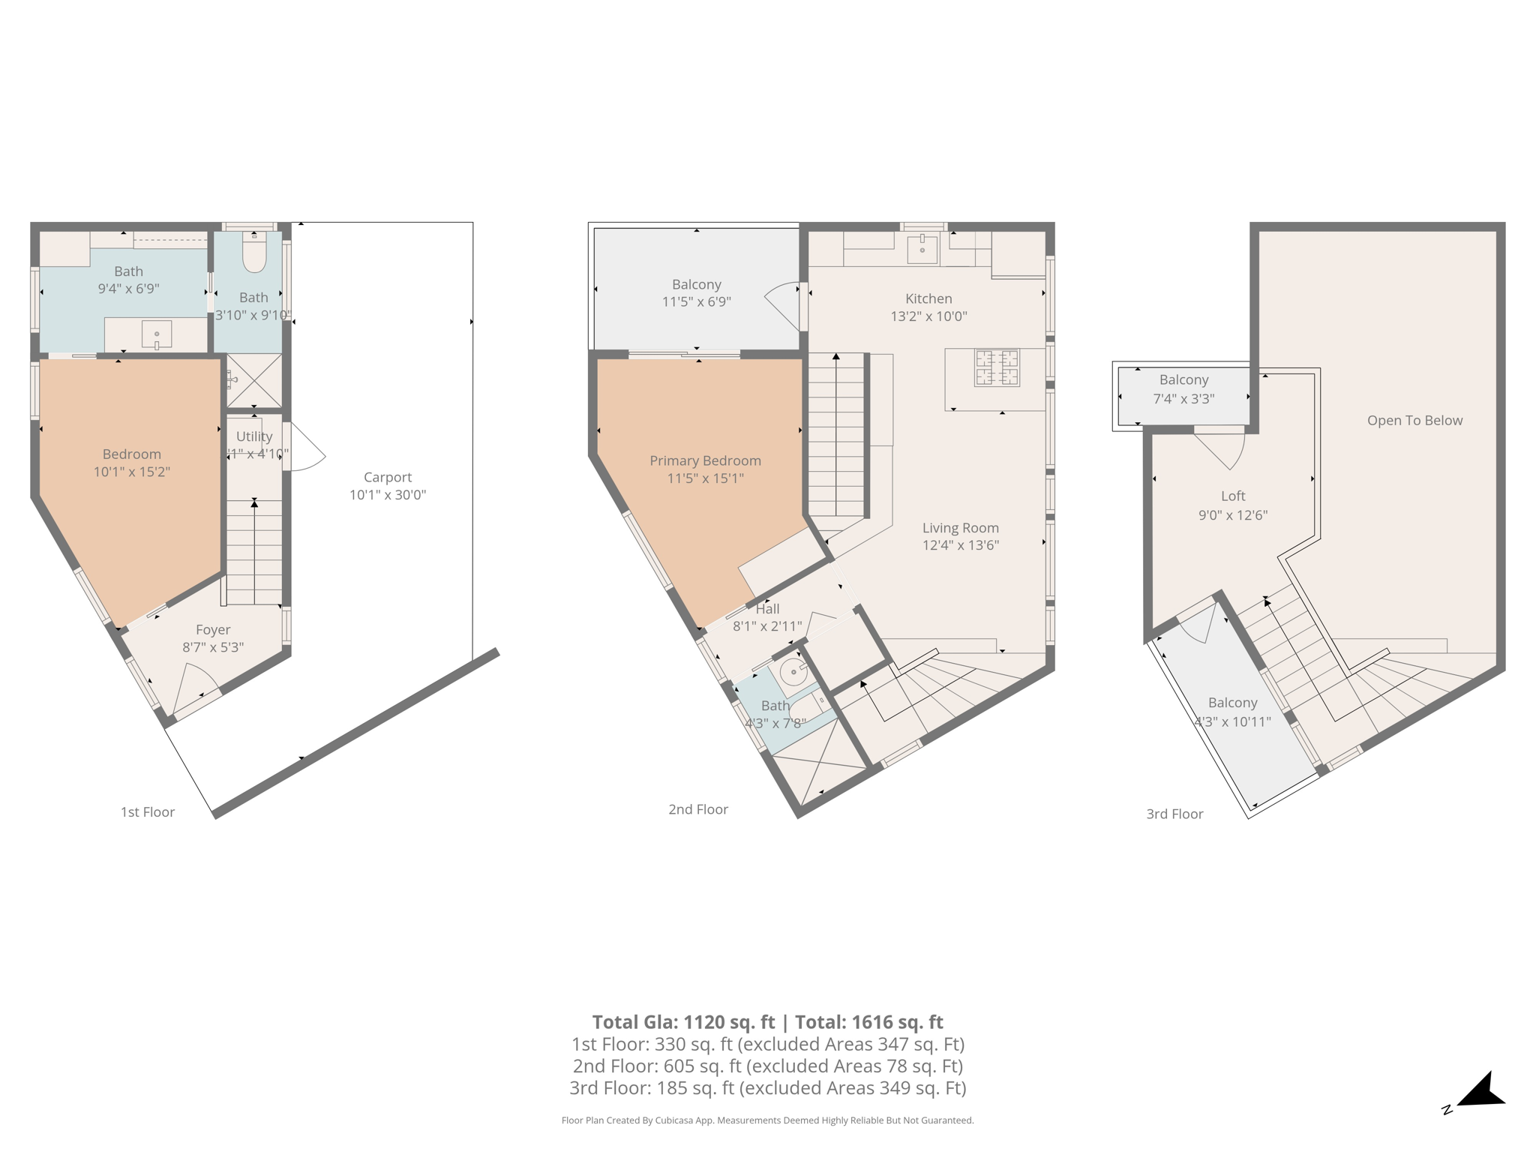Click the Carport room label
(x=387, y=477)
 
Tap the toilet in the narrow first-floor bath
(x=254, y=253)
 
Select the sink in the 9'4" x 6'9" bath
(x=157, y=334)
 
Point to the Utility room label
(x=254, y=436)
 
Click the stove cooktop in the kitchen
(x=997, y=367)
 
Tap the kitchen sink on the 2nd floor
(x=922, y=248)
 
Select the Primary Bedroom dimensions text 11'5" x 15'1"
(x=705, y=478)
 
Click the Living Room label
(x=960, y=528)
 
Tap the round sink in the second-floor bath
(x=793, y=671)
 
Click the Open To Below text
(x=1414, y=421)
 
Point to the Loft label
(x=1233, y=496)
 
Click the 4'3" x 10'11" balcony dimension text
(x=1232, y=722)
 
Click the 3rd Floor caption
(x=1174, y=814)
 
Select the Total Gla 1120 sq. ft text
(x=683, y=1022)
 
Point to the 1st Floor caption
(x=148, y=812)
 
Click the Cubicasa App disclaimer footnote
(x=767, y=1120)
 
